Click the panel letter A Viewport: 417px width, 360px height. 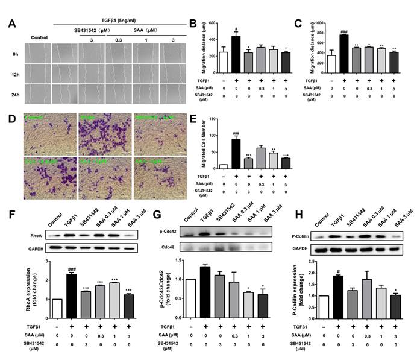(11, 24)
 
